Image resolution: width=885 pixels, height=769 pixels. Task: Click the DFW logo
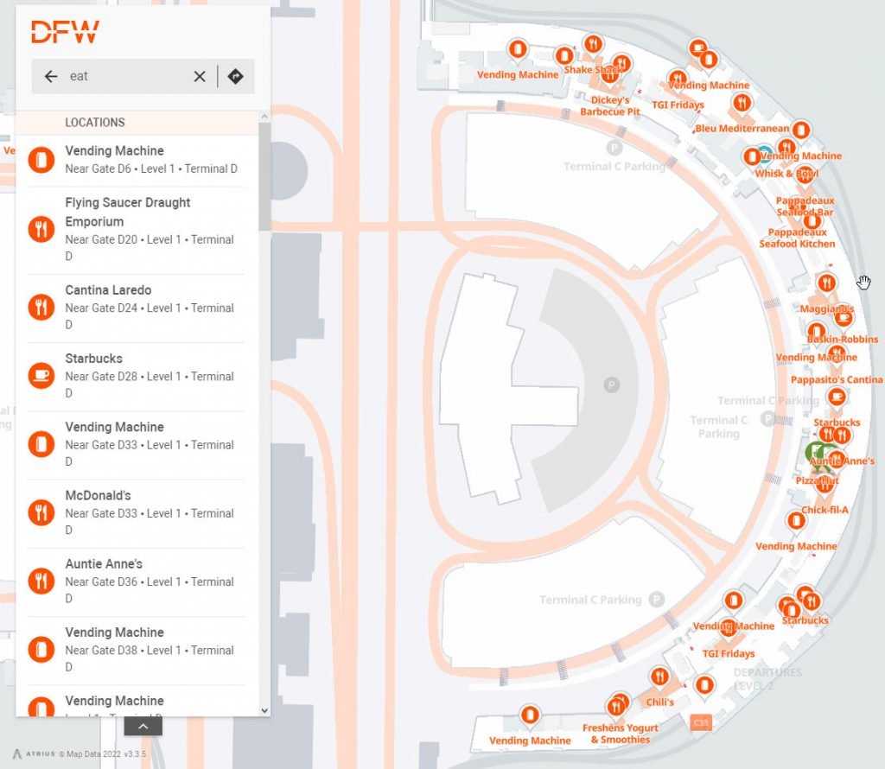tap(65, 32)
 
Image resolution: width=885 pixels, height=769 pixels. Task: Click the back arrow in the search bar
tap(51, 76)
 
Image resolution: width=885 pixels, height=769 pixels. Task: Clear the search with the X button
tap(200, 76)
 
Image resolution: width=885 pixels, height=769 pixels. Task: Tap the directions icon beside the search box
tap(235, 76)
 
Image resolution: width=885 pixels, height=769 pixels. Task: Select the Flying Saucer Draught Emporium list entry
tap(128, 212)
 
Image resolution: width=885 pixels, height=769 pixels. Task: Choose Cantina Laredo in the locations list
tap(108, 290)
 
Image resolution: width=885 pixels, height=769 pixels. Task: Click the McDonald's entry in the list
tap(98, 496)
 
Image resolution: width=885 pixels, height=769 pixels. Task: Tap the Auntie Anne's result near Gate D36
tap(104, 564)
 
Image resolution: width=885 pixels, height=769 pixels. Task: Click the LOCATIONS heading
tap(95, 123)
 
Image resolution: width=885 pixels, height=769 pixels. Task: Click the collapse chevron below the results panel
tap(143, 727)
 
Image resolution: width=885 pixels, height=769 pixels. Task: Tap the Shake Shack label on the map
tap(593, 70)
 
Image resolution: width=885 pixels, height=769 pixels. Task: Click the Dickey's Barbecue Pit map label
tap(610, 106)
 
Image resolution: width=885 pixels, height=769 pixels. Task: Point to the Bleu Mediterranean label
tap(742, 129)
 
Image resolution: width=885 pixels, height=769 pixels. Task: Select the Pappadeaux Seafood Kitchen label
tap(797, 238)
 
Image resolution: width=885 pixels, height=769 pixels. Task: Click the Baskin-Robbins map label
tap(842, 340)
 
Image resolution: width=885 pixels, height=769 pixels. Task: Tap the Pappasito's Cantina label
tap(837, 380)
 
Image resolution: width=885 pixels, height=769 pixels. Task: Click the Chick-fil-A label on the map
tap(825, 510)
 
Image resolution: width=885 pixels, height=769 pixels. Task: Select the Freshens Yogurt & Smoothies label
tap(621, 734)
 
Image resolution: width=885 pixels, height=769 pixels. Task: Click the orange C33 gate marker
tap(701, 721)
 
